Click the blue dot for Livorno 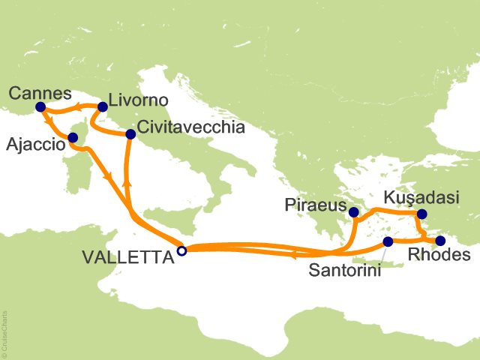click(103, 107)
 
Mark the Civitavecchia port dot click(130, 135)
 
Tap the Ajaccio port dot click(73, 137)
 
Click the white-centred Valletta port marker click(181, 251)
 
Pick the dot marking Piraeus click(353, 213)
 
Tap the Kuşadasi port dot click(421, 214)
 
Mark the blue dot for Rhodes click(440, 241)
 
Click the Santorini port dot click(388, 241)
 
